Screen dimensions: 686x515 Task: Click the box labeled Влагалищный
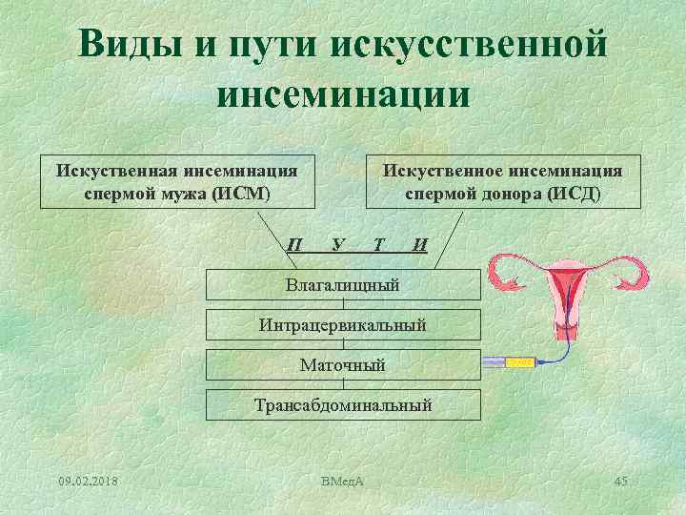point(343,284)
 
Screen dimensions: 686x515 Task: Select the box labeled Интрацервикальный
point(343,325)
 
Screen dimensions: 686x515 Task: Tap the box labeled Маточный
point(343,364)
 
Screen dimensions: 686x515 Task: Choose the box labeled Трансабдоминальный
point(343,404)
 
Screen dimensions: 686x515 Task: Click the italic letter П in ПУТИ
point(295,245)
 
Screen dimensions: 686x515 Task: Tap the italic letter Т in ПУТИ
point(379,244)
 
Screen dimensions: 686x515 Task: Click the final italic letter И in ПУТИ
point(420,245)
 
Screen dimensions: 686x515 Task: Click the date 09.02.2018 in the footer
point(89,478)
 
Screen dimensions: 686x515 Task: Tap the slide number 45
point(620,478)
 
